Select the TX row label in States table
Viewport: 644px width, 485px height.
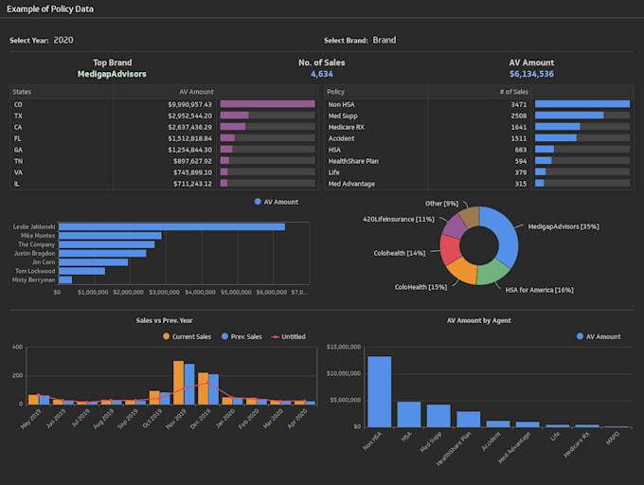[18, 116]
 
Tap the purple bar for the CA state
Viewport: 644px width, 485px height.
[233, 126]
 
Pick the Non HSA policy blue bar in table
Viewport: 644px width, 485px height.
[581, 104]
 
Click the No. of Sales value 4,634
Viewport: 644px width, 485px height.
[321, 74]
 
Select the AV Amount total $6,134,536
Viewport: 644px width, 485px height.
[531, 74]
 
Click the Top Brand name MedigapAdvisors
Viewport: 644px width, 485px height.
[113, 74]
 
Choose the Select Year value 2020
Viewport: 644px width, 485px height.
[63, 41]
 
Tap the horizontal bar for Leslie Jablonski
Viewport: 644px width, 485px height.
[171, 227]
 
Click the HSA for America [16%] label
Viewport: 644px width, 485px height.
[539, 289]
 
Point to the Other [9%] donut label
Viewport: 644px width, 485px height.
[441, 204]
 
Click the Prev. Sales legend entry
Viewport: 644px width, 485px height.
[242, 336]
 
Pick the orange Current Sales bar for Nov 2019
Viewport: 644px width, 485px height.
[178, 382]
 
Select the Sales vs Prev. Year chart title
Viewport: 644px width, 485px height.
[167, 320]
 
